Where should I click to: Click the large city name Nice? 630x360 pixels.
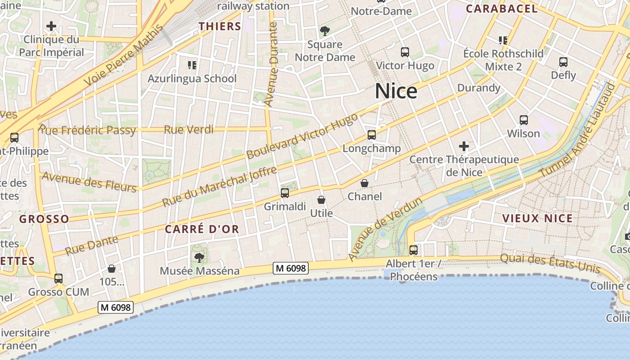pos(396,91)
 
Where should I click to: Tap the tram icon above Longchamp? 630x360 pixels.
pos(372,135)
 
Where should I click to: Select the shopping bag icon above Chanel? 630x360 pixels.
pos(364,183)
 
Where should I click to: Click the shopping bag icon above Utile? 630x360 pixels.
pos(321,200)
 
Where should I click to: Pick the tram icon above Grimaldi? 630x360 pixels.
pos(285,193)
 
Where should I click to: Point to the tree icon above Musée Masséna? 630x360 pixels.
pos(199,257)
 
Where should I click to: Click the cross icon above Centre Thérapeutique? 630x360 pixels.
pos(464,146)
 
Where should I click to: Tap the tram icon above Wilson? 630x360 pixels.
pos(524,120)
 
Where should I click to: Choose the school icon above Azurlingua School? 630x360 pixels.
pos(192,65)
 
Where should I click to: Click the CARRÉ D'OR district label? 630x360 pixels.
pos(202,229)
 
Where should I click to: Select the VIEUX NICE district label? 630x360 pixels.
pos(537,218)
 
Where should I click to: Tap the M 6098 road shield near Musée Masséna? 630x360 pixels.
pos(291,269)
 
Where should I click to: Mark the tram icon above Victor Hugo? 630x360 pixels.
pos(405,52)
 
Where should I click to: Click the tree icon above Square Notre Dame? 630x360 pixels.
pos(325,31)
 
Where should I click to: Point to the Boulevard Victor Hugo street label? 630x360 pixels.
pos(302,136)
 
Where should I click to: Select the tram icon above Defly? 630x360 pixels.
pos(563,62)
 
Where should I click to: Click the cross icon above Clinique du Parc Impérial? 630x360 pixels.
pos(51,26)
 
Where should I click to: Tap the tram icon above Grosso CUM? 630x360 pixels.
pos(58,279)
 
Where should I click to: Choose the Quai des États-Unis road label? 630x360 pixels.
pos(550,263)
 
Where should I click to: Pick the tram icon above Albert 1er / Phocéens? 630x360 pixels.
pos(414,250)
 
